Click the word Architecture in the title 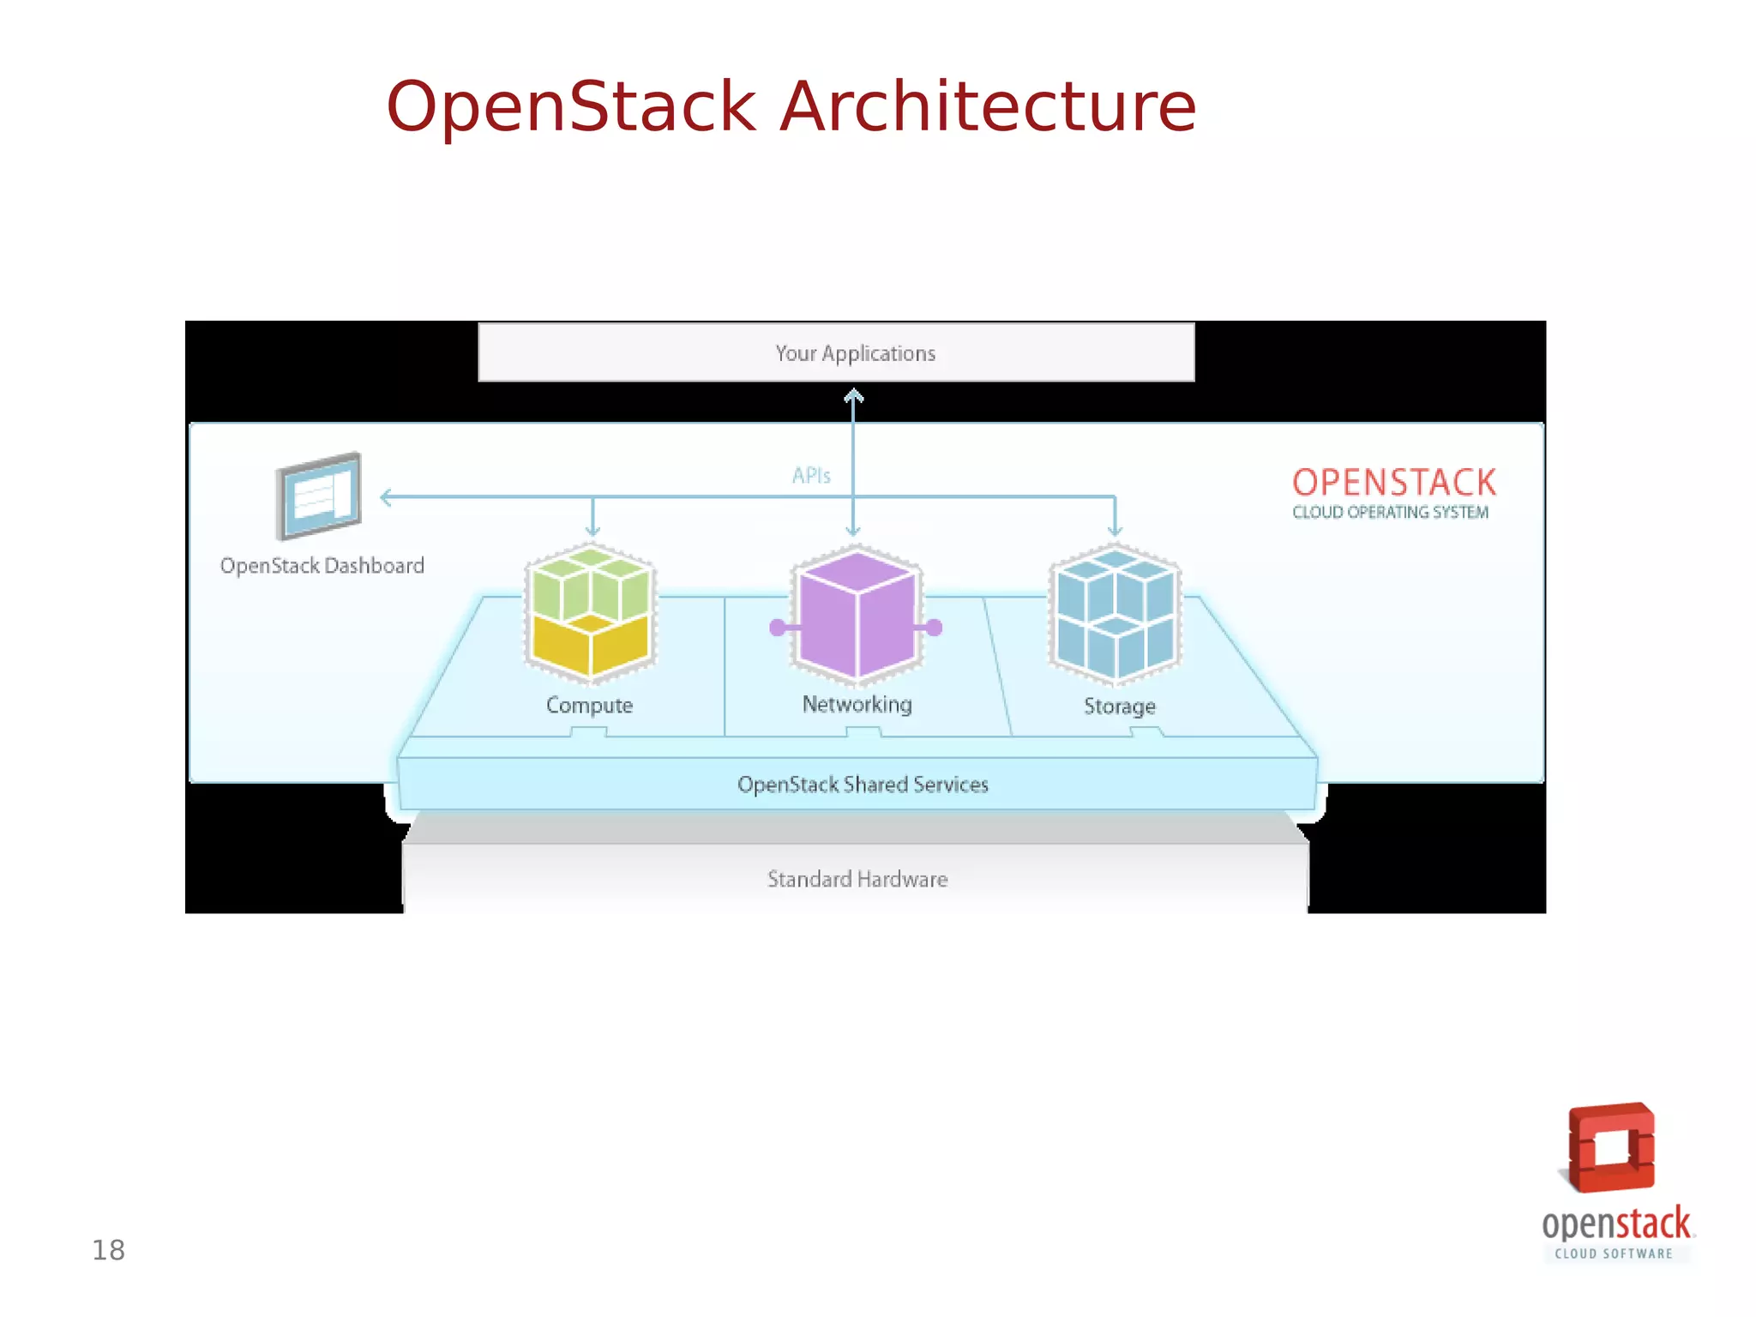(x=987, y=107)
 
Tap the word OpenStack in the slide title (x=571, y=107)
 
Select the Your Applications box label (x=855, y=353)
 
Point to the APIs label (x=811, y=476)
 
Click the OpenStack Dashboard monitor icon (x=319, y=496)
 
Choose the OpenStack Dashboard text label (x=322, y=566)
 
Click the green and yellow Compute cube (x=590, y=613)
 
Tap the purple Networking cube (x=857, y=616)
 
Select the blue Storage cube (x=1115, y=613)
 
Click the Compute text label (x=590, y=706)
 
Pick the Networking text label (x=857, y=704)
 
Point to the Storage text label (x=1119, y=707)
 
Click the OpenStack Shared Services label (x=863, y=785)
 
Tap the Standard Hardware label (x=857, y=880)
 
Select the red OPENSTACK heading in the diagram (x=1394, y=483)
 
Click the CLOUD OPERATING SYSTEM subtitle (x=1390, y=513)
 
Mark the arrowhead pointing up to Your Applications (x=853, y=396)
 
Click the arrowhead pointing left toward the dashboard (x=386, y=497)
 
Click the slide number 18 (x=109, y=1251)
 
